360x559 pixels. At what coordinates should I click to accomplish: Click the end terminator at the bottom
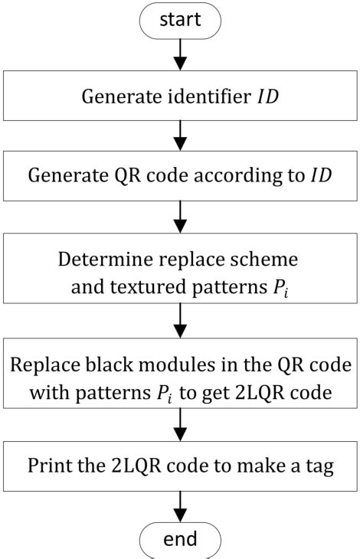pos(181,541)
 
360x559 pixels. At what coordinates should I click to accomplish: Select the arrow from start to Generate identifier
pos(181,52)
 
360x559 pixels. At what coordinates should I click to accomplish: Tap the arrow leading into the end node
pos(181,507)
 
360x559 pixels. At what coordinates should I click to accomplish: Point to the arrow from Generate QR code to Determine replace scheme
pos(181,217)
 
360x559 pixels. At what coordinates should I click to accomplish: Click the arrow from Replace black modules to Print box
pos(181,421)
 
